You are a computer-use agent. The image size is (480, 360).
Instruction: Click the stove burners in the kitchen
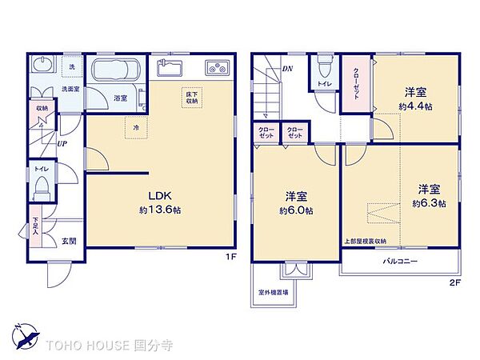tap(216, 67)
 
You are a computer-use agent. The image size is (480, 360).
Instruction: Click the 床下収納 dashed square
tap(192, 98)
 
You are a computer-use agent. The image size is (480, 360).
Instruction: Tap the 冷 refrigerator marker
tap(137, 126)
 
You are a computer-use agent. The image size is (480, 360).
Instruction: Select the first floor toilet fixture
tap(43, 190)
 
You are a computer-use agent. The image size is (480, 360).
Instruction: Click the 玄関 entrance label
tap(70, 241)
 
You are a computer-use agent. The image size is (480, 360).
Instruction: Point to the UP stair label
tap(62, 145)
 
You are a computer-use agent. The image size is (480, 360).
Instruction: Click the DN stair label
tap(287, 69)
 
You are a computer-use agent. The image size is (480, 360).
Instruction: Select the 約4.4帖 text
tap(414, 105)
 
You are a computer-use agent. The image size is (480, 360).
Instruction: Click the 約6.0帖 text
tap(296, 210)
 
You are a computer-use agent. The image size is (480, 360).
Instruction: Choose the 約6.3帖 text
tap(429, 203)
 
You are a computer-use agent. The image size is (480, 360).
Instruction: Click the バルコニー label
tap(398, 262)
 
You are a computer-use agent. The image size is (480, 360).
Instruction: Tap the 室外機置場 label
tap(274, 293)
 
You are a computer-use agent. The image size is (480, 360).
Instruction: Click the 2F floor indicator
tap(454, 283)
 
